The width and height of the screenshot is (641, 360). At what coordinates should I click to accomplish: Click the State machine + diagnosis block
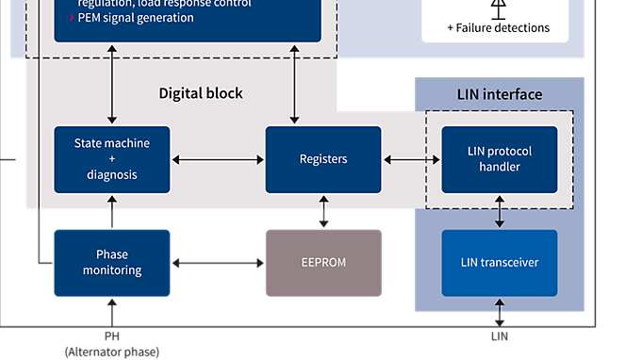tap(112, 159)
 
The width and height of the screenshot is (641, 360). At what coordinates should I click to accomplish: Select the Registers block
tap(323, 159)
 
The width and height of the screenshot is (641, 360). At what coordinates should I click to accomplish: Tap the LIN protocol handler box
tap(500, 159)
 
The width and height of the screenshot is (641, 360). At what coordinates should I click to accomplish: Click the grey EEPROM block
tap(323, 263)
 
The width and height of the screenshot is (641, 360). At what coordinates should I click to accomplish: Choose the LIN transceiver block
tap(500, 263)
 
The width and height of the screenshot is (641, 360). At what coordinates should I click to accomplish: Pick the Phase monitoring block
tap(112, 263)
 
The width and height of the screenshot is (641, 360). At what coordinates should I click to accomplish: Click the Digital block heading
tap(200, 93)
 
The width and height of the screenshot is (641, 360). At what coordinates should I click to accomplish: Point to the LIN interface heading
tap(500, 94)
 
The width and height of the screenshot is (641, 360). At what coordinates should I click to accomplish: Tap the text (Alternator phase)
tap(112, 352)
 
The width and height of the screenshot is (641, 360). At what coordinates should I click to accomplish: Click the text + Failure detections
tap(498, 28)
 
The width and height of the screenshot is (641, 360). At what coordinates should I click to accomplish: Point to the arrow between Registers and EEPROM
tap(323, 211)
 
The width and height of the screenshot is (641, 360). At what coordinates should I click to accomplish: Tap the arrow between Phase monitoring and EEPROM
tap(218, 263)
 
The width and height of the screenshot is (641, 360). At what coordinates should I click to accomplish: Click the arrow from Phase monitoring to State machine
tap(112, 211)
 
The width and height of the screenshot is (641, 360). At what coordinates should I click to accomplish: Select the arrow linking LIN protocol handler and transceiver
tap(500, 211)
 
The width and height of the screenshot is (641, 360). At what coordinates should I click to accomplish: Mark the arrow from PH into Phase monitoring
tap(112, 311)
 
